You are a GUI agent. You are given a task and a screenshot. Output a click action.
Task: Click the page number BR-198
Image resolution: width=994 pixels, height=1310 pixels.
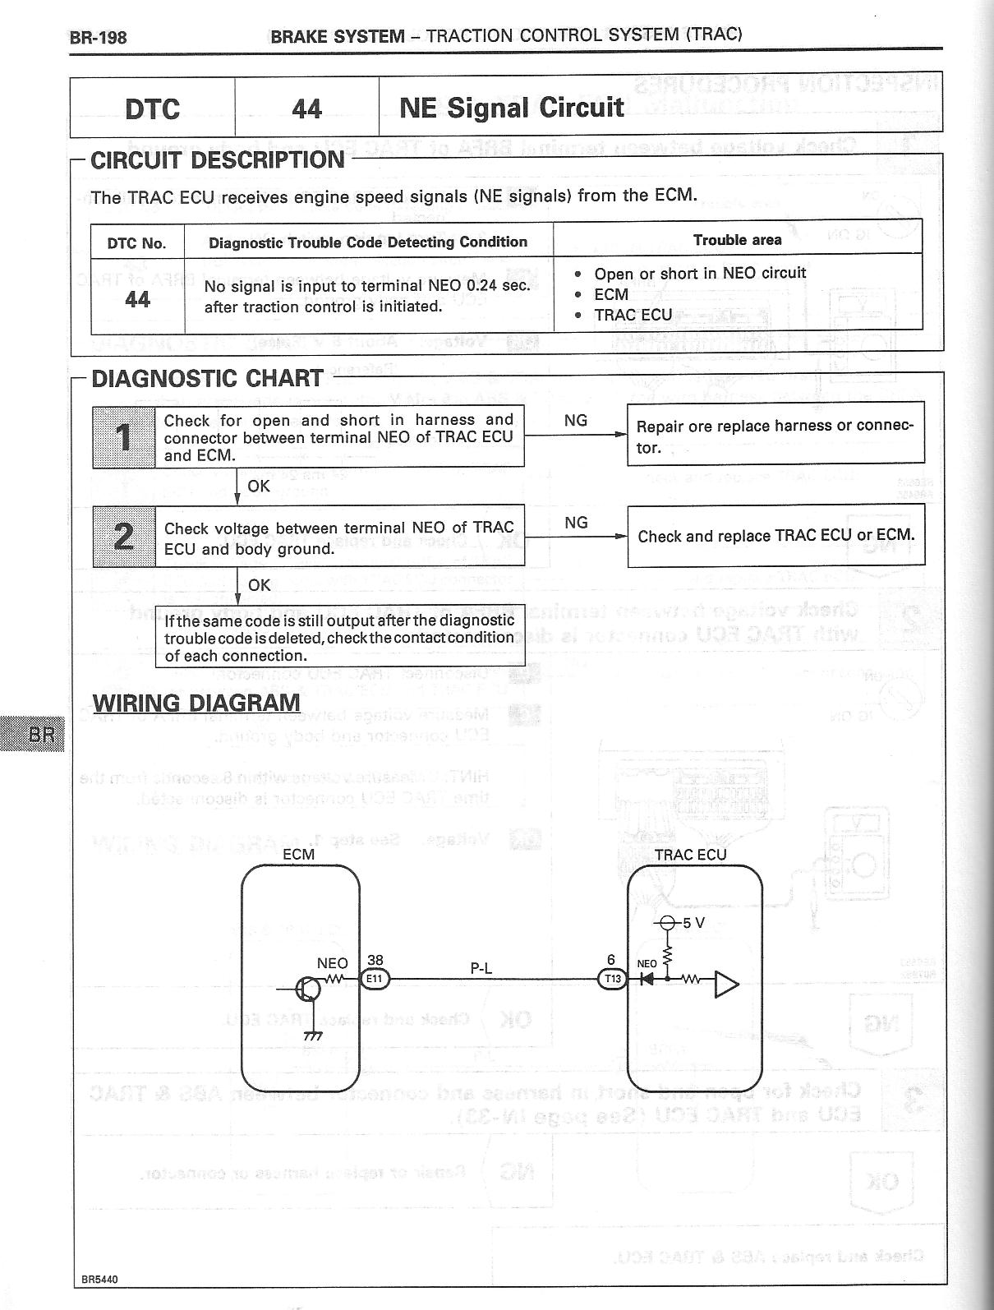(99, 37)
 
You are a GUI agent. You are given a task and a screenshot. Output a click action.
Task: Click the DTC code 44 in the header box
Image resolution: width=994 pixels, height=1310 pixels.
(306, 108)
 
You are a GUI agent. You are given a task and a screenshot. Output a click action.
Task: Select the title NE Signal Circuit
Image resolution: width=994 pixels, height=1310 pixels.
(511, 108)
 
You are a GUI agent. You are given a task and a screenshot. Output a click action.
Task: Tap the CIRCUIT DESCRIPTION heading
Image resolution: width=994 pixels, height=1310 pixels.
(217, 159)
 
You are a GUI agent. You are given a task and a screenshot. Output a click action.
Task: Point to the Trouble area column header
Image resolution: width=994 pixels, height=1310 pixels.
(737, 240)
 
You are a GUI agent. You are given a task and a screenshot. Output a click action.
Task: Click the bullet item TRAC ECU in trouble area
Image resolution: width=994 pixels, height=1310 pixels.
(633, 315)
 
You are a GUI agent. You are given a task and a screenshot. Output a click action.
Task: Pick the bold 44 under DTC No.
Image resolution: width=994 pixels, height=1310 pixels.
(137, 300)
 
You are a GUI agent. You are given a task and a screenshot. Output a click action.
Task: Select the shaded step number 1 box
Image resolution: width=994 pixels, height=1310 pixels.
(124, 437)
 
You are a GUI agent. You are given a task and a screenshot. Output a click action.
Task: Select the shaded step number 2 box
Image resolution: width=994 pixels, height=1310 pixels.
(124, 536)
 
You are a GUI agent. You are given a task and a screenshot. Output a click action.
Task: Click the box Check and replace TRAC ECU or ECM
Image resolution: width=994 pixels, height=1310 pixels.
(775, 536)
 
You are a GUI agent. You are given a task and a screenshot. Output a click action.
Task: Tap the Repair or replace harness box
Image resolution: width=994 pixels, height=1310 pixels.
(775, 436)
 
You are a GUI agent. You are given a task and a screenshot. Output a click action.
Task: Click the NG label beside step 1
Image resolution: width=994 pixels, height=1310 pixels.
(576, 421)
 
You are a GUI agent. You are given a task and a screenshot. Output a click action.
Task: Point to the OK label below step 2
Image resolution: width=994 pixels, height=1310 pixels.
(259, 585)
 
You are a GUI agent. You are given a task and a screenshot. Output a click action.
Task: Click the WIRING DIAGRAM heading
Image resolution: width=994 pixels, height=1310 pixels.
(196, 703)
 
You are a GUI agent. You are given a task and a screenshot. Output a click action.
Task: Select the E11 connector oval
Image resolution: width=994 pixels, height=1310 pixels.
(375, 979)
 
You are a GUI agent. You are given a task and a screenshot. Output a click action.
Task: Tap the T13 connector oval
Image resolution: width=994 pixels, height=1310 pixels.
(612, 979)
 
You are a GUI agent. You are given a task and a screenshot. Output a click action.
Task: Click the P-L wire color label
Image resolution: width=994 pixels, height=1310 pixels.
(481, 968)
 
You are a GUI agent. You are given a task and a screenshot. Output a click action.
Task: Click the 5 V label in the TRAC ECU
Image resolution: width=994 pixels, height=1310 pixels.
(694, 923)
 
